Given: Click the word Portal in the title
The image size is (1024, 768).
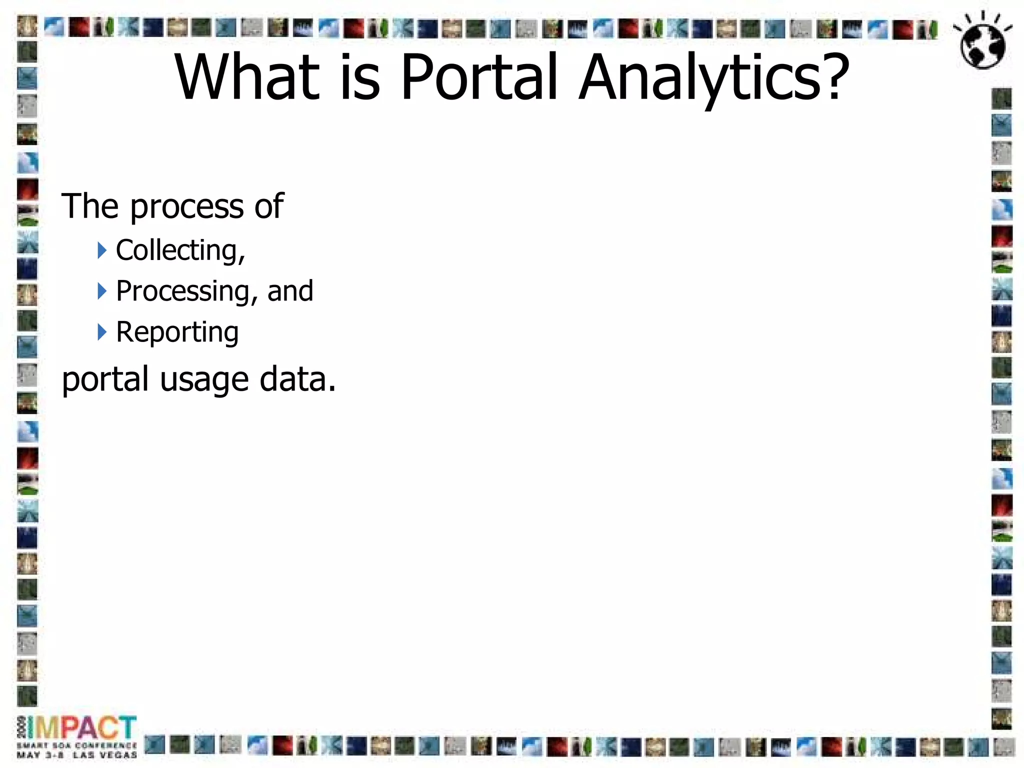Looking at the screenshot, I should [x=478, y=77].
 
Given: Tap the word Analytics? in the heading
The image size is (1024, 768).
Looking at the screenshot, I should [x=714, y=77].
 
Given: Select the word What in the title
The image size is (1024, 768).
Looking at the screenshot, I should [x=247, y=77].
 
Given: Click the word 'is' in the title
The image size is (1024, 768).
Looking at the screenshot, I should [x=359, y=77].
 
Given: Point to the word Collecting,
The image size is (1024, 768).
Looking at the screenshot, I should [x=180, y=250].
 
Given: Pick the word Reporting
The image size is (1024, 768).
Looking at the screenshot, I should [x=177, y=332].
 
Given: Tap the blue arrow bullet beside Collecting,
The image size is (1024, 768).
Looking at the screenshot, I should [x=102, y=250].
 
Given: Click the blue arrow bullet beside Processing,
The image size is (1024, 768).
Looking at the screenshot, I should [x=102, y=291].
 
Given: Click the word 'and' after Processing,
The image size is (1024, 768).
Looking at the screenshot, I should [x=290, y=291].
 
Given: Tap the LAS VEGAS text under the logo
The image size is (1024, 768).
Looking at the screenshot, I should [x=104, y=755].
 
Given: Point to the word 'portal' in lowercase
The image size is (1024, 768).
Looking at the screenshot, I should [x=105, y=379].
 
